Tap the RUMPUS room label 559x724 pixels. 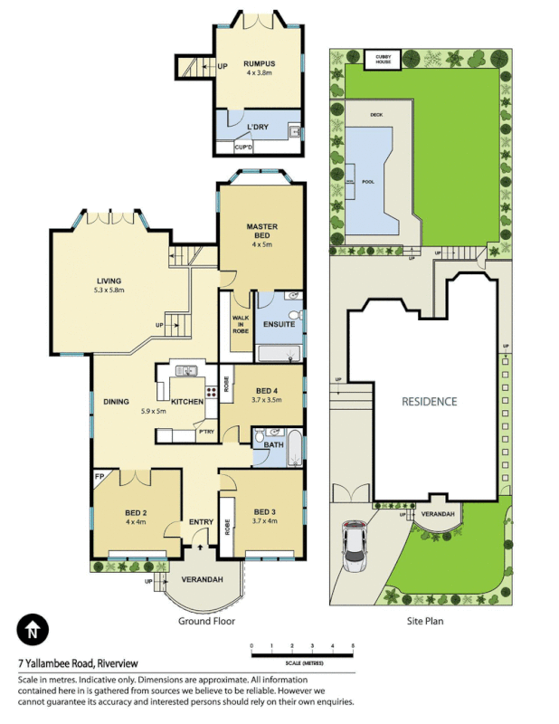[x=258, y=63]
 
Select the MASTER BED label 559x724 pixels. [x=261, y=230]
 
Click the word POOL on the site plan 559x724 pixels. [x=367, y=181]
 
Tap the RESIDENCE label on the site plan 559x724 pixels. [x=430, y=401]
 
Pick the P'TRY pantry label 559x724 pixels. [x=206, y=432]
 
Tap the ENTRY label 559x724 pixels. [x=200, y=522]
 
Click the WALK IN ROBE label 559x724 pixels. [x=241, y=325]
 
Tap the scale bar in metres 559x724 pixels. [x=302, y=653]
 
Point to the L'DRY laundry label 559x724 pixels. [x=259, y=128]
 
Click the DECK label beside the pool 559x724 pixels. [x=375, y=115]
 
